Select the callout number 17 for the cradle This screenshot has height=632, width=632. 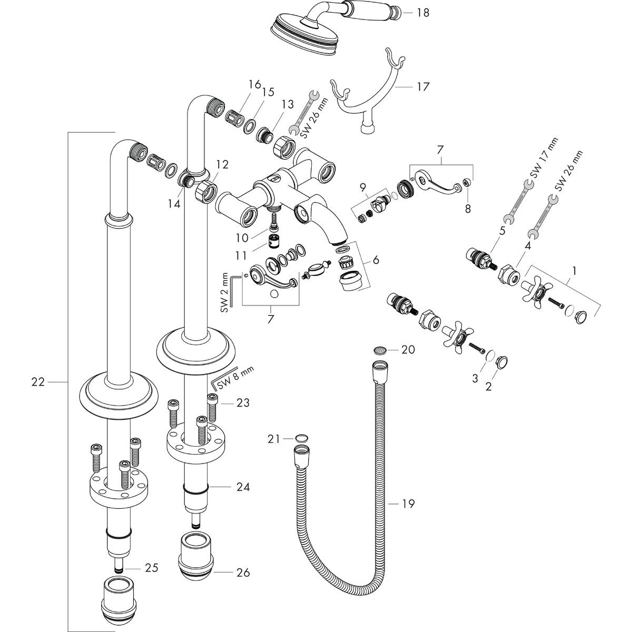pyautogui.click(x=422, y=86)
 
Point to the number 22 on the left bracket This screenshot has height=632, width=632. pyautogui.click(x=38, y=382)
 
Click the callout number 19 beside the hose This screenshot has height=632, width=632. pyautogui.click(x=408, y=504)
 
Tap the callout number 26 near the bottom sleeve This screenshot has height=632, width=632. pyautogui.click(x=243, y=572)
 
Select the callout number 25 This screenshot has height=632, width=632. pyautogui.click(x=152, y=568)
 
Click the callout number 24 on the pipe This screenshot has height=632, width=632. pyautogui.click(x=243, y=487)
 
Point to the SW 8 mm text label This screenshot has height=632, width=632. pyautogui.click(x=240, y=375)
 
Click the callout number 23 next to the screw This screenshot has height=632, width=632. pyautogui.click(x=243, y=403)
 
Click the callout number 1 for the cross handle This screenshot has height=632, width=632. pyautogui.click(x=574, y=271)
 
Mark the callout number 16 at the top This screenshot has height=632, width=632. pyautogui.click(x=255, y=84)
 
